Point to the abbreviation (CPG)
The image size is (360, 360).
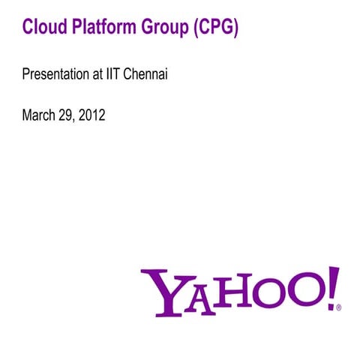215,28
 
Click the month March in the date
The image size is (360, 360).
38,115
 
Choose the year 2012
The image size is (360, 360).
93,115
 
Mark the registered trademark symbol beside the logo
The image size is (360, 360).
339,307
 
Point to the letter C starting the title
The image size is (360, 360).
28,28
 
